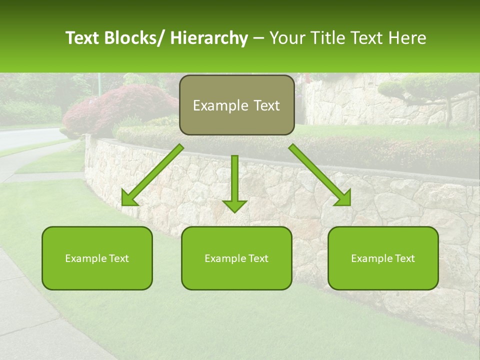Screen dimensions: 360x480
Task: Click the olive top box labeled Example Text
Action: pyautogui.click(x=236, y=105)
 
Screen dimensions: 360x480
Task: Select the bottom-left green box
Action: pyautogui.click(x=97, y=258)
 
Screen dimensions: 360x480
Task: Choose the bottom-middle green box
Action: pyautogui.click(x=236, y=258)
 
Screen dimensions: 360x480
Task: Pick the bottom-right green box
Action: pyautogui.click(x=383, y=258)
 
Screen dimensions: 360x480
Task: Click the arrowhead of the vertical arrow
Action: pyautogui.click(x=234, y=206)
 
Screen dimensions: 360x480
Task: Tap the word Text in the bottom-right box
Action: pyautogui.click(x=405, y=258)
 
